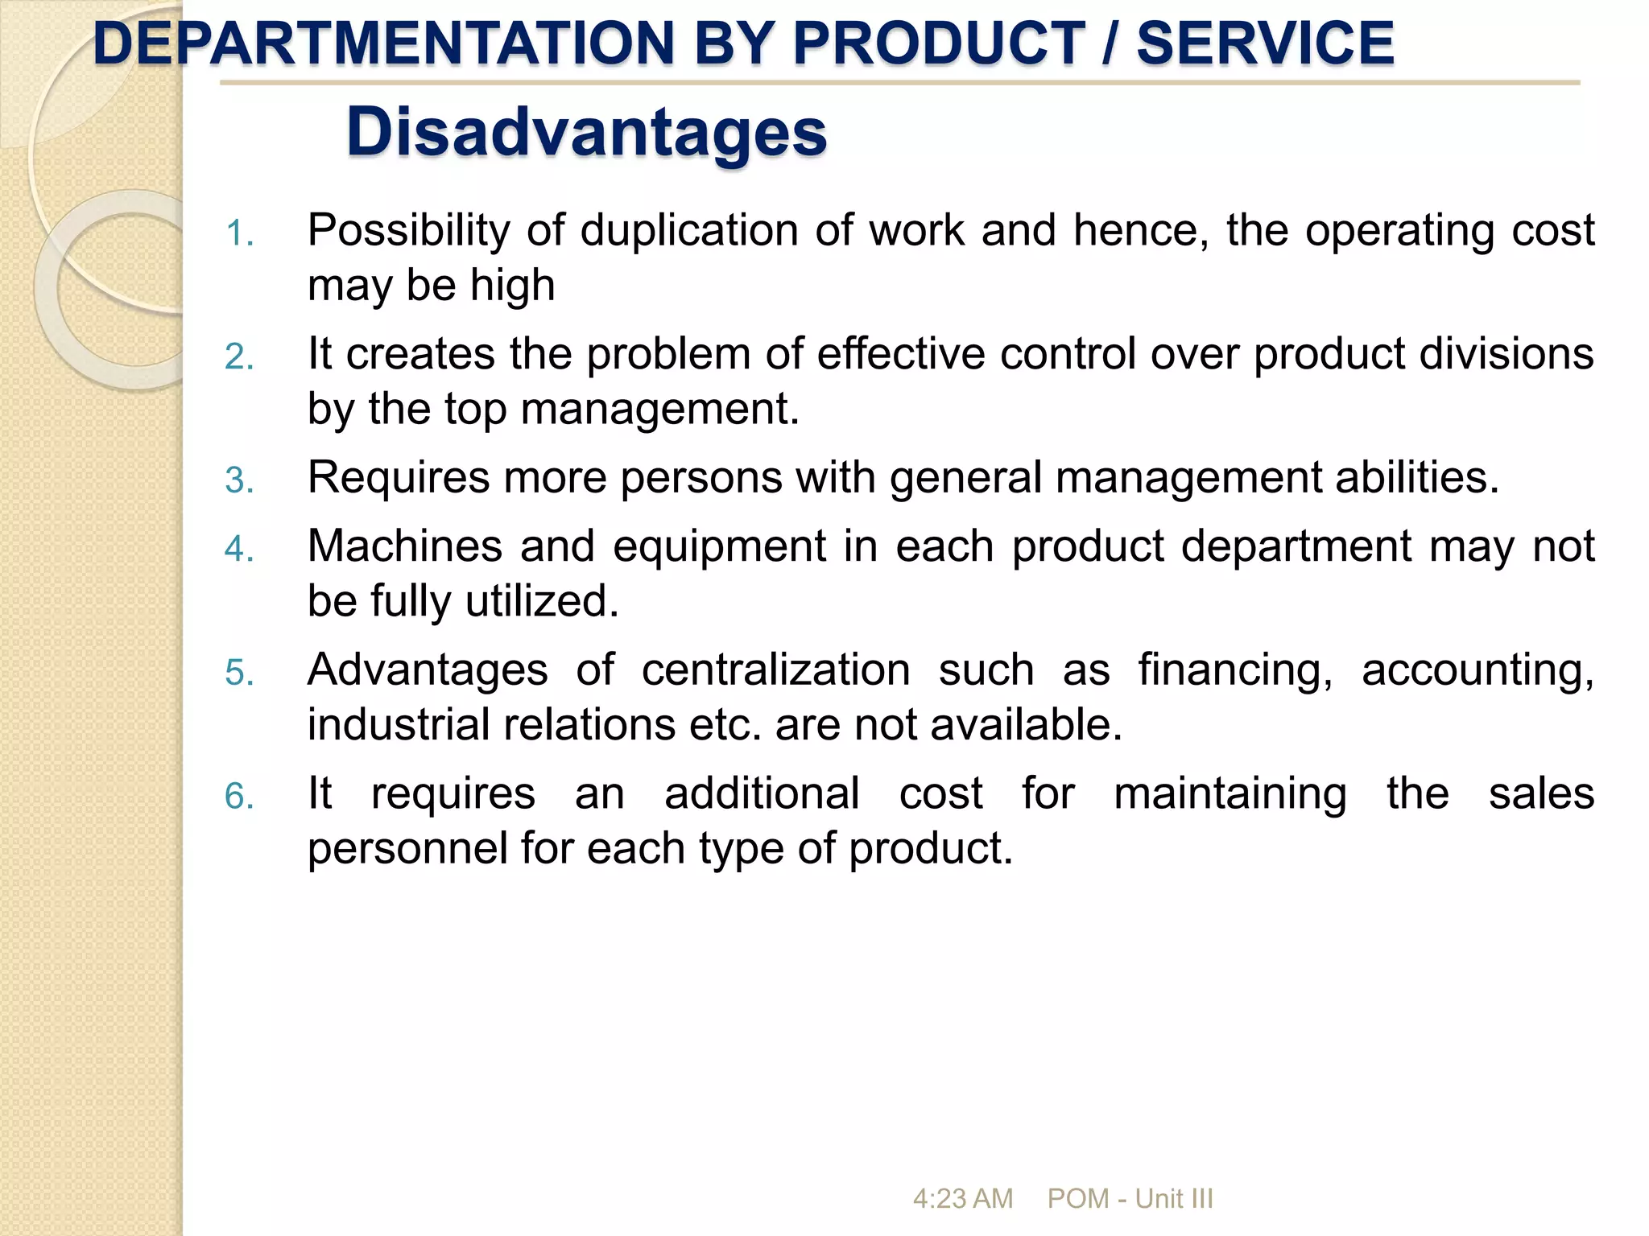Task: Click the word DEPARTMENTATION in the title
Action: pyautogui.click(x=383, y=43)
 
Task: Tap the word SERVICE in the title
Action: pyautogui.click(x=1265, y=43)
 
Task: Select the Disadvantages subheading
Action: pyautogui.click(x=586, y=133)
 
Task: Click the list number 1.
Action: pyautogui.click(x=239, y=234)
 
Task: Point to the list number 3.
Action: pyautogui.click(x=239, y=480)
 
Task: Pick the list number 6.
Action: pyautogui.click(x=239, y=797)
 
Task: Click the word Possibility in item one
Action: pyautogui.click(x=408, y=232)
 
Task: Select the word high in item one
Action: pyautogui.click(x=512, y=286)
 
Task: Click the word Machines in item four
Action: pyautogui.click(x=405, y=547)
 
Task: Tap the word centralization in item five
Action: pyautogui.click(x=775, y=671)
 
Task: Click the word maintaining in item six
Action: pyautogui.click(x=1230, y=794)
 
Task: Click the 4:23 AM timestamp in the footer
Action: pyautogui.click(x=962, y=1199)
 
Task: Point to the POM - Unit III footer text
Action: pyautogui.click(x=1130, y=1199)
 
